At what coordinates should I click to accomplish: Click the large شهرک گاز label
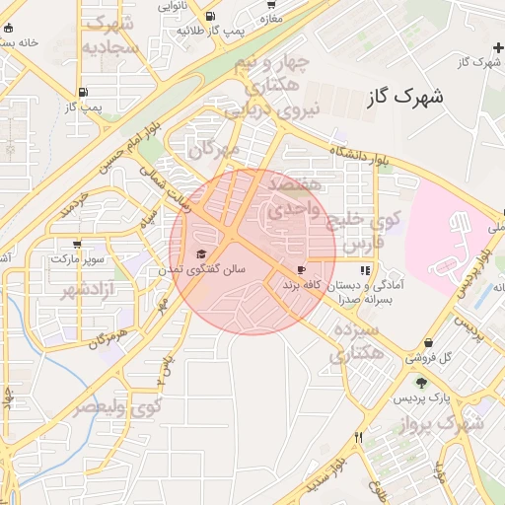click(404, 97)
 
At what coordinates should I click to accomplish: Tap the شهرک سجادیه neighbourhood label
click(108, 36)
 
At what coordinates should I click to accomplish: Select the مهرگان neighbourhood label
click(216, 150)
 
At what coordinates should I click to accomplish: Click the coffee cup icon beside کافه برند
click(301, 269)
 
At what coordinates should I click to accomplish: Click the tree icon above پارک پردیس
click(422, 383)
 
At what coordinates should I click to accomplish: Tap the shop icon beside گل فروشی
click(409, 358)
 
